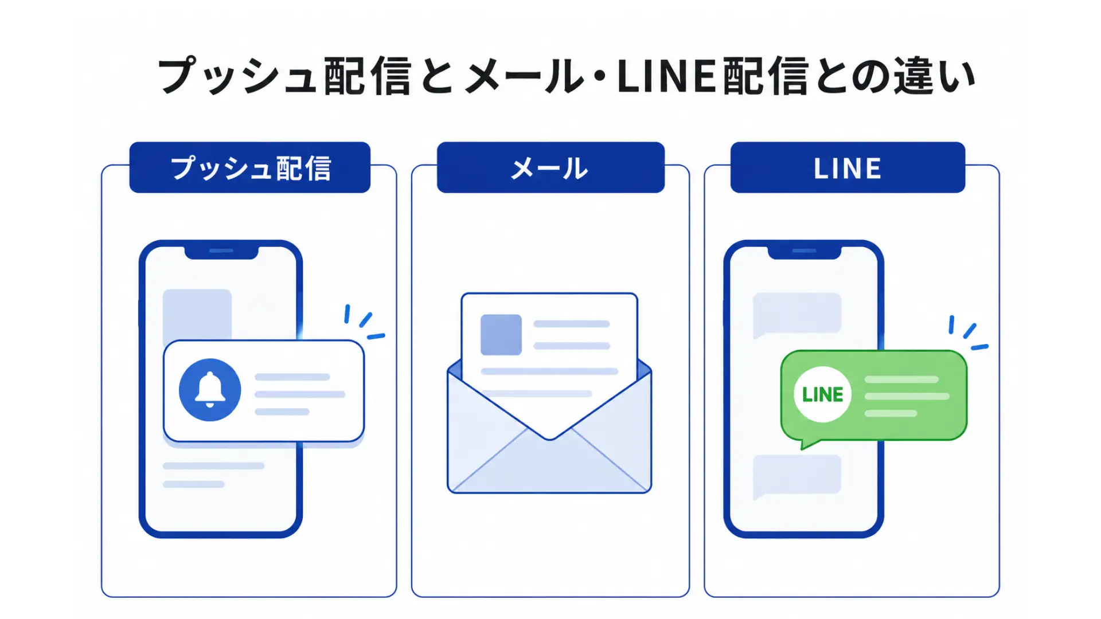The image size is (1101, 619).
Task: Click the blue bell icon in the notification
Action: tap(210, 390)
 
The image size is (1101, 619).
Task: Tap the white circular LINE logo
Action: tap(822, 394)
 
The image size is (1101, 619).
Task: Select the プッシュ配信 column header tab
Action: tap(250, 167)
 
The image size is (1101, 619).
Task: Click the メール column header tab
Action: tap(550, 167)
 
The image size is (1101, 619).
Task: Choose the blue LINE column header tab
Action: tap(848, 167)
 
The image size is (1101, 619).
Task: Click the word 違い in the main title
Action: tap(935, 76)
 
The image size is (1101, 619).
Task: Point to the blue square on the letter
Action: tap(501, 335)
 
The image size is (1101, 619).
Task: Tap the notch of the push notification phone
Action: tap(221, 252)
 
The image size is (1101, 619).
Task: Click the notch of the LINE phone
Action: tap(804, 252)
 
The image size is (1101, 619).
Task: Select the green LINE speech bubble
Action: tap(874, 397)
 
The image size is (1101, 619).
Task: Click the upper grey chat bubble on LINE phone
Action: tap(797, 315)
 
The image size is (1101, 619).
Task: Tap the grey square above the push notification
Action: tap(197, 314)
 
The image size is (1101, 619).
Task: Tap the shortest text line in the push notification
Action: tap(282, 412)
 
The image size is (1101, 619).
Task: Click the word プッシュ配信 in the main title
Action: tap(284, 76)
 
